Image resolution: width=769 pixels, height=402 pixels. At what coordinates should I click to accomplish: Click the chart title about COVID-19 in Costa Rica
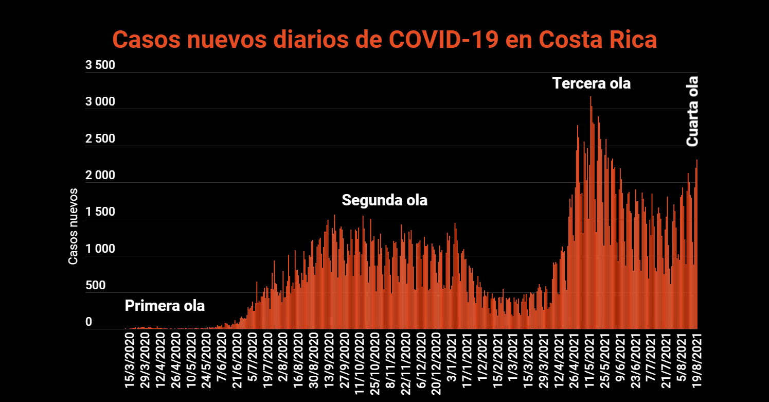tap(385, 40)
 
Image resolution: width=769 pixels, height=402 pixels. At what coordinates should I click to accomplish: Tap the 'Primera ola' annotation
tap(165, 306)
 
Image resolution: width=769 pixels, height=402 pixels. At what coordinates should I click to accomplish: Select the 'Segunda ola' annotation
tap(385, 200)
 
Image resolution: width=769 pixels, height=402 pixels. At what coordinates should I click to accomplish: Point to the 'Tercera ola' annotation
tap(592, 83)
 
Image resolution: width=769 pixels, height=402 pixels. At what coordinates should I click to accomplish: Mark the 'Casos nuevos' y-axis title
tap(73, 226)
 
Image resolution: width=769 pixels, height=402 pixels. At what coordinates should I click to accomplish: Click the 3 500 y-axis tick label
tap(100, 66)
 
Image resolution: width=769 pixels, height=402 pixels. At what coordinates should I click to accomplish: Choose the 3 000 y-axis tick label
tap(100, 102)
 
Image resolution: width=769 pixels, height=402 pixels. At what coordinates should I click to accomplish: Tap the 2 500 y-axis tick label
tap(100, 139)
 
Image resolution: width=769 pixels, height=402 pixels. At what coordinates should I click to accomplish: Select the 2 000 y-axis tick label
tap(100, 176)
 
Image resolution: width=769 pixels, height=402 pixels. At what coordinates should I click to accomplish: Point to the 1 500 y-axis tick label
tap(100, 213)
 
